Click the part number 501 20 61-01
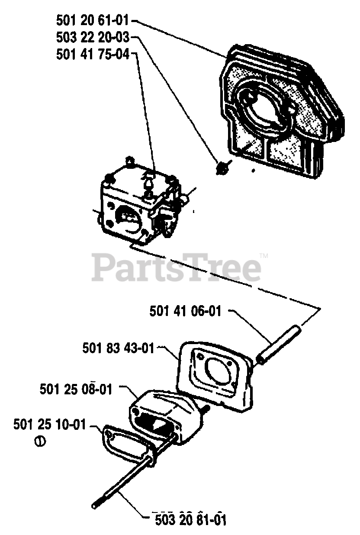pyautogui.click(x=93, y=20)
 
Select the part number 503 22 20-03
pyautogui.click(x=93, y=38)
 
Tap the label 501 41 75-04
pyautogui.click(x=93, y=55)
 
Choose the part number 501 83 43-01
pyautogui.click(x=118, y=348)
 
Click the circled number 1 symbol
pyautogui.click(x=40, y=442)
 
